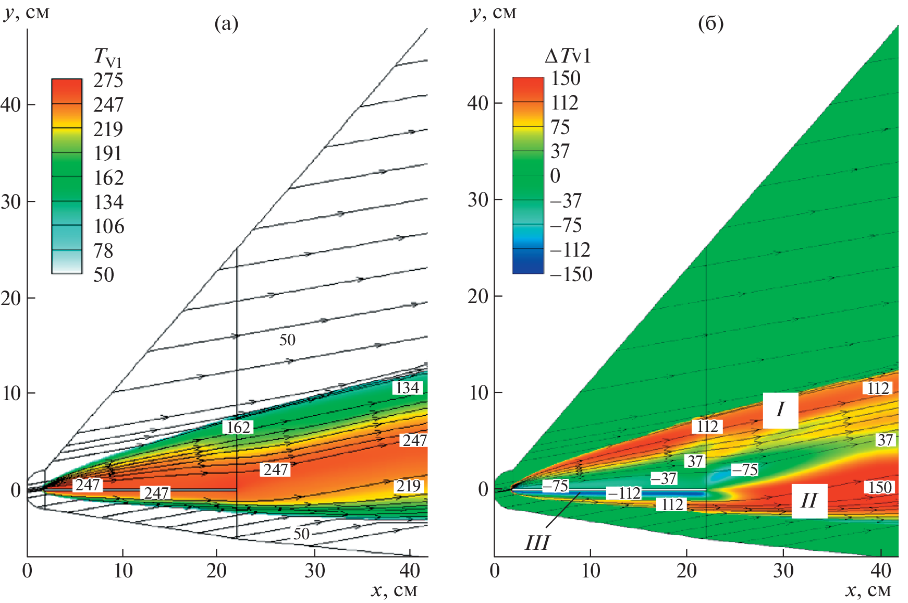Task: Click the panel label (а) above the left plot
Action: (x=226, y=23)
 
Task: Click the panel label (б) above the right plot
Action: (x=710, y=23)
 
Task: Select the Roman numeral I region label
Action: (x=780, y=410)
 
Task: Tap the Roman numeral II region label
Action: (x=809, y=501)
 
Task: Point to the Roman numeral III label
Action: (x=537, y=543)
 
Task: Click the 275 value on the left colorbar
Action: (x=108, y=80)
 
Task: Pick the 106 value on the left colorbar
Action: (x=109, y=226)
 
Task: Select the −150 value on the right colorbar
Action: (x=571, y=274)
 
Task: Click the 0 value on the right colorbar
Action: (x=555, y=176)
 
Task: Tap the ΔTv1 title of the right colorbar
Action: (x=568, y=56)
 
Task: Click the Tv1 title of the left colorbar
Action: (x=107, y=56)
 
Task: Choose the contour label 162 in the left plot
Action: (x=238, y=427)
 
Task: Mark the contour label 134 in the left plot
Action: (x=407, y=388)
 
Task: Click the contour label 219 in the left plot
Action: (x=408, y=486)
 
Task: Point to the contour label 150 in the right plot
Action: (x=879, y=487)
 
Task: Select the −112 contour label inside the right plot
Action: (x=623, y=493)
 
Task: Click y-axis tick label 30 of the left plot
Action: (x=11, y=202)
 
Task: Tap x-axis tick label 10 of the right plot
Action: (x=591, y=571)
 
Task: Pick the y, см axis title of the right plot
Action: (x=493, y=13)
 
